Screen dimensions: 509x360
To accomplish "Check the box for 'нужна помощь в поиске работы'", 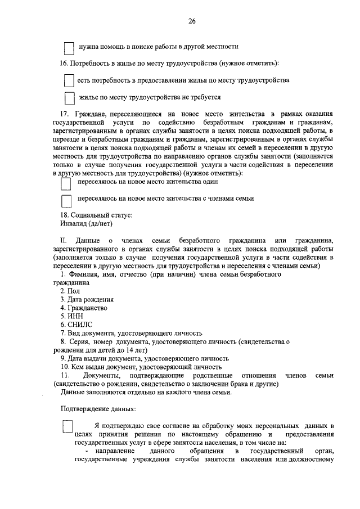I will pos(69,47).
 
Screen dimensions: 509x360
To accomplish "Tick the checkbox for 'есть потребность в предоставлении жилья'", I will pos(69,81).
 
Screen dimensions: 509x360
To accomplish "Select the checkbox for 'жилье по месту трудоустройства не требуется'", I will pos(69,98).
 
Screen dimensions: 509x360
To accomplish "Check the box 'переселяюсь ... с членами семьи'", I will pos(66,200).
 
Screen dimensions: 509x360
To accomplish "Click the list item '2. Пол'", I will pos(70,291).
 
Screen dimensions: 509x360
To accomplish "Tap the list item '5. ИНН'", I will pos(71,316).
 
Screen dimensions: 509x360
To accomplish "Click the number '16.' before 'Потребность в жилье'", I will pos(64,63).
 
